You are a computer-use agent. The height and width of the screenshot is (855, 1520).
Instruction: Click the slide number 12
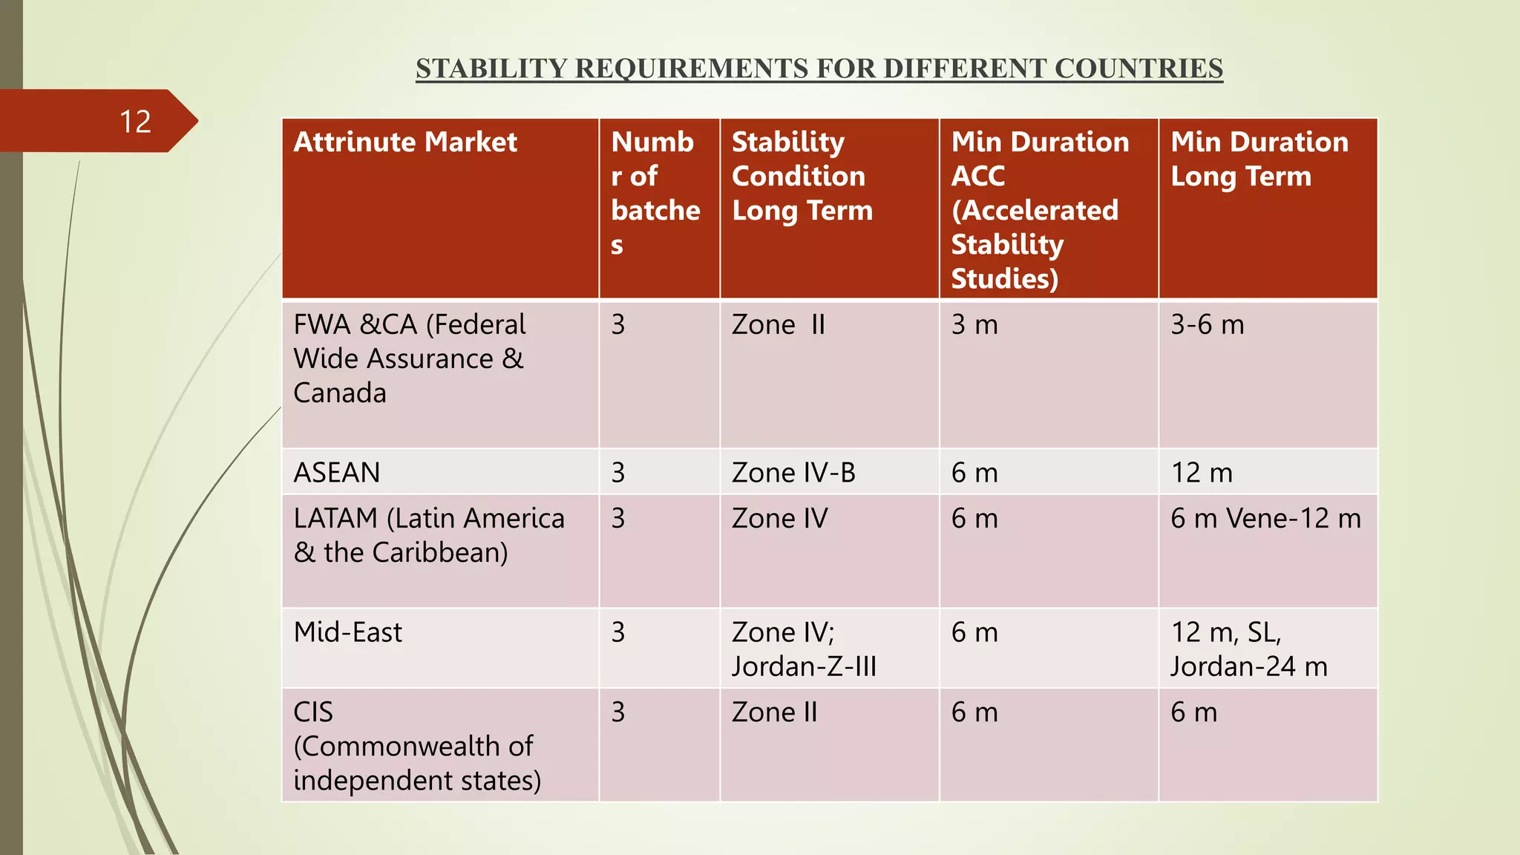click(x=135, y=122)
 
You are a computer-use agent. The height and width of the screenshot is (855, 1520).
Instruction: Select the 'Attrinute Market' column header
click(x=405, y=142)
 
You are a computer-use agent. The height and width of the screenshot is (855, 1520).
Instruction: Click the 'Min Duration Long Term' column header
click(x=1259, y=159)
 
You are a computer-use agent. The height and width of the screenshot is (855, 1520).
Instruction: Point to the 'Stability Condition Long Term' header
click(x=802, y=176)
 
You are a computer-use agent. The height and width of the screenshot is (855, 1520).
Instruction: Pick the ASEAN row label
click(x=337, y=473)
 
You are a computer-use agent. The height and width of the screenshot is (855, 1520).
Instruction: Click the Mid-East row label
click(x=347, y=632)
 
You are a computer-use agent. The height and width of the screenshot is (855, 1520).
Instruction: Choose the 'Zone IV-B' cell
click(x=793, y=473)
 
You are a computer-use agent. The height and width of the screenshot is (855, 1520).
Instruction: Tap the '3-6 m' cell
click(x=1207, y=325)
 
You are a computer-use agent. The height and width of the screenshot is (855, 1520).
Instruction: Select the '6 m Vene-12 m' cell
click(x=1265, y=519)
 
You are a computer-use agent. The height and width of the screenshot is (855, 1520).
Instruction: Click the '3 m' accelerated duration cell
click(x=974, y=325)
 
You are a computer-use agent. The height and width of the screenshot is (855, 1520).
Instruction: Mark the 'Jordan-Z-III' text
click(x=804, y=666)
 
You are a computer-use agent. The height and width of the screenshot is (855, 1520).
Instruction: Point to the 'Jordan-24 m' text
click(x=1249, y=666)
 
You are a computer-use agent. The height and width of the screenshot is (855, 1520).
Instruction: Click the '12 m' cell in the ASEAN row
click(x=1202, y=473)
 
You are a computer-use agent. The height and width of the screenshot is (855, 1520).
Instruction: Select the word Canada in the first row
click(x=340, y=393)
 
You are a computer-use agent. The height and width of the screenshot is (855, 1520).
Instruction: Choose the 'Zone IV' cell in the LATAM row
click(x=779, y=519)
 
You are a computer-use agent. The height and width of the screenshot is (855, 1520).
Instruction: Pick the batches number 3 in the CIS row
click(x=618, y=712)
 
